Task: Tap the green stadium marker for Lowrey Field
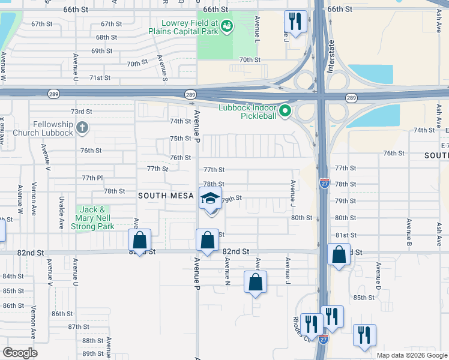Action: coord(226,26)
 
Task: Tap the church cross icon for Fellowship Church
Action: coord(82,128)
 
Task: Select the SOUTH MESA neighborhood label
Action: coord(166,196)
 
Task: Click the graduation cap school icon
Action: coord(210,199)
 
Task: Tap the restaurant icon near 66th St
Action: coord(295,22)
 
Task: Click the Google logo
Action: coord(20,353)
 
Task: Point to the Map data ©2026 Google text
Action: coord(411,355)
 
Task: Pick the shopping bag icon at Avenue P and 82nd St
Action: coord(207,241)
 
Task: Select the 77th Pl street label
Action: coord(92,178)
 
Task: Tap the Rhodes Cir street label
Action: coord(297,326)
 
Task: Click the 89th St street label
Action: coord(93,353)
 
